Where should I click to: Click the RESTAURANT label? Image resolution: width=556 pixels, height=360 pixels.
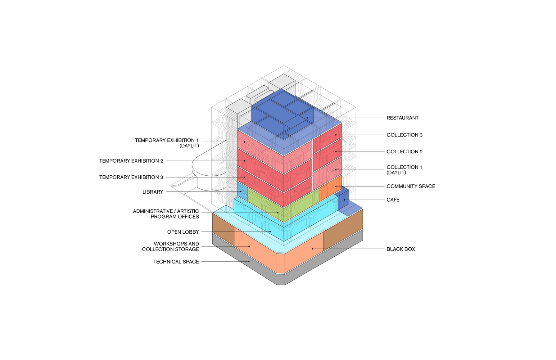coord(402,118)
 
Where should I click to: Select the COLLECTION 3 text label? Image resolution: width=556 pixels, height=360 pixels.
coord(404,135)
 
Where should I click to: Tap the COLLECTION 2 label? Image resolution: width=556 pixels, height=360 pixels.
coord(404,152)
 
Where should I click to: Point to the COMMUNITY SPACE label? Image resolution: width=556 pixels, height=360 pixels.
coord(411,186)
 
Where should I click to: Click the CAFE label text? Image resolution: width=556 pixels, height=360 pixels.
coord(393,200)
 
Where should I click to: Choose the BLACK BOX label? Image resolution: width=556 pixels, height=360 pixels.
coord(401,249)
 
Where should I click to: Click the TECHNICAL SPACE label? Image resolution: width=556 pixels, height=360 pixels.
coord(176,262)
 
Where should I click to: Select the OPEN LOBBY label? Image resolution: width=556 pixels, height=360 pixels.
coord(183,232)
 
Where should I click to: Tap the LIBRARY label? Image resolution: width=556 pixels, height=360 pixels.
coord(153,192)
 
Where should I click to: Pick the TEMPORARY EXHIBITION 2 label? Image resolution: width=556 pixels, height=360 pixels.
coord(131,161)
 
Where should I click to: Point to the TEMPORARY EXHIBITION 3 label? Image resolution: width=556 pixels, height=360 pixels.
coord(131,177)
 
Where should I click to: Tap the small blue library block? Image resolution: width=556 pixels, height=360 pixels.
coord(242,192)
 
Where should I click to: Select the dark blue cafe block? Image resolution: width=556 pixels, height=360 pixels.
coord(344,199)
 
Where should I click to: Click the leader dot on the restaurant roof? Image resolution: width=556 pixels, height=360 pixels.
coord(307,118)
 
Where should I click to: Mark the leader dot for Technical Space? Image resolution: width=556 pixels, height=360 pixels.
coord(249,261)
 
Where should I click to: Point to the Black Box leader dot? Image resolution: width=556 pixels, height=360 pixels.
coord(312,249)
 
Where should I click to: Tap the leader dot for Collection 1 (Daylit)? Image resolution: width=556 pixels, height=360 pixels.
coord(336,170)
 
